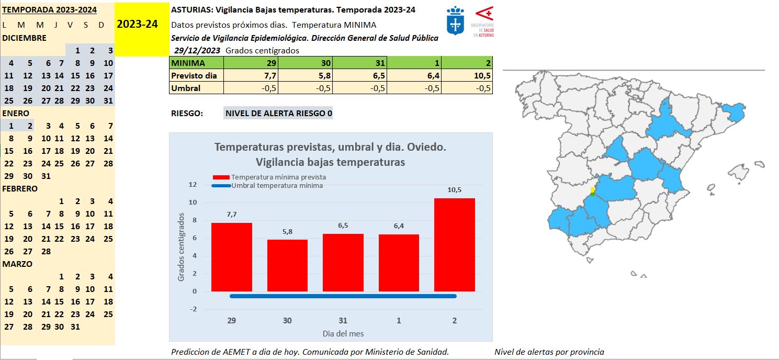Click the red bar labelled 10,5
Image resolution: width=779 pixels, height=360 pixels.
tap(455, 245)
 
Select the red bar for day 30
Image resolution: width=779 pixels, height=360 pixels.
tap(287, 265)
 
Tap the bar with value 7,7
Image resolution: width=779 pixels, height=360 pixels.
tap(232, 257)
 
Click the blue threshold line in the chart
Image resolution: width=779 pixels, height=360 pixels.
tap(343, 296)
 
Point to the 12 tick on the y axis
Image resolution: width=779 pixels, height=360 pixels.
tap(193, 185)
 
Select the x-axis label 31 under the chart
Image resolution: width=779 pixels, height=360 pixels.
tap(343, 321)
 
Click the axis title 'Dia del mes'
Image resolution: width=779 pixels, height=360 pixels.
tap(343, 333)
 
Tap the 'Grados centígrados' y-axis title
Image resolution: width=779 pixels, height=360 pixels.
tap(182, 246)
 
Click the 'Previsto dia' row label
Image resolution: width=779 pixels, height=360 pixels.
tap(194, 76)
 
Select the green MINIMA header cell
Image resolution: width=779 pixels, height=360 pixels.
tap(197, 63)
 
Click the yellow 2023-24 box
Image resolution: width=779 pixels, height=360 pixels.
tap(137, 25)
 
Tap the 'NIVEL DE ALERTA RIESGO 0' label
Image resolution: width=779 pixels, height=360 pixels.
tap(278, 114)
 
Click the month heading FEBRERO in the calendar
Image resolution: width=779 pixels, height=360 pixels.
tap(20, 188)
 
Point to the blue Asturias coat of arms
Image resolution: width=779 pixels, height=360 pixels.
tap(456, 21)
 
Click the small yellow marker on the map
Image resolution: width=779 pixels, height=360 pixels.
tap(592, 190)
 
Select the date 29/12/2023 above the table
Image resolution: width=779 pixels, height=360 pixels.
tap(198, 51)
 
